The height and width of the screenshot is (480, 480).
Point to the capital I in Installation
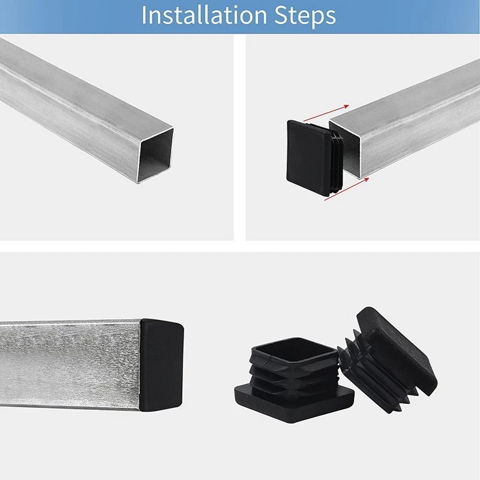tap(145, 16)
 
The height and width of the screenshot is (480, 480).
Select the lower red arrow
tap(347, 190)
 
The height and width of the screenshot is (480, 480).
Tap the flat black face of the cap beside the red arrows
tap(307, 157)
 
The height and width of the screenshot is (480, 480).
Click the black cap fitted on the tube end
tap(161, 365)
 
